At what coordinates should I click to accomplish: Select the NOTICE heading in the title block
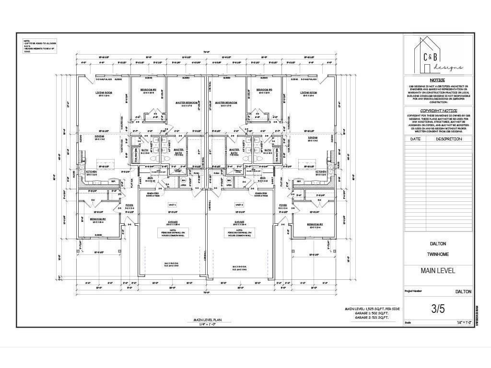point(437,80)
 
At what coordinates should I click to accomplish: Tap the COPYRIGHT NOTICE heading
point(437,111)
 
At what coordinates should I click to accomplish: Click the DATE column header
point(415,139)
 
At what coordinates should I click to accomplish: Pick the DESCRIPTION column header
point(449,139)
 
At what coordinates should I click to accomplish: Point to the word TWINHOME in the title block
point(437,254)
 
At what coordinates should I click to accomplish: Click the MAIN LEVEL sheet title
point(438,271)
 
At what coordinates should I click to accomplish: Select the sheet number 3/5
point(438,309)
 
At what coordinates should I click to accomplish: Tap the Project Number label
point(413,290)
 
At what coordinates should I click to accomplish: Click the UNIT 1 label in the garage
point(172,205)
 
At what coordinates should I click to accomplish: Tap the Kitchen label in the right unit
point(321,171)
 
